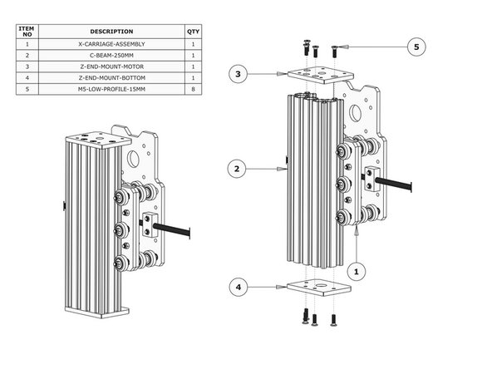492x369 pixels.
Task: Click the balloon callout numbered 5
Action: (x=418, y=47)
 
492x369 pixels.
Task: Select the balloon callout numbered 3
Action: (x=238, y=75)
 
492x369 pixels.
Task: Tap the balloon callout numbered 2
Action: (x=238, y=169)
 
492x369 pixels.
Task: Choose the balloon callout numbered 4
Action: (x=238, y=288)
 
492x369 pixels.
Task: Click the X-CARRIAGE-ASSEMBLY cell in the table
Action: (x=111, y=44)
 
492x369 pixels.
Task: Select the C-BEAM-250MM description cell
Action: (x=111, y=55)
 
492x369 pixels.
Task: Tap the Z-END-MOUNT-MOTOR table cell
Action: (x=111, y=66)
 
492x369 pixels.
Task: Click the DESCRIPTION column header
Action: (x=111, y=31)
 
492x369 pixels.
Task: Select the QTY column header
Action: (x=193, y=31)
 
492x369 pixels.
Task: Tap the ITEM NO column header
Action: (x=27, y=31)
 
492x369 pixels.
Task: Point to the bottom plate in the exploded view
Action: (x=317, y=288)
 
